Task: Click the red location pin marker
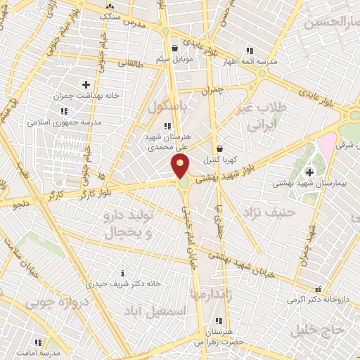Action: click(x=181, y=166)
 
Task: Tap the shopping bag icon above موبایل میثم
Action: click(x=174, y=49)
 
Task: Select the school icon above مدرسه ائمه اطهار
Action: click(x=250, y=51)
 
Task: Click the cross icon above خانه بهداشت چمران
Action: click(x=86, y=84)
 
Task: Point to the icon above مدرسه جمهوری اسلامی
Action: click(x=64, y=111)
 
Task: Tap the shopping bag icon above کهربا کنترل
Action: click(x=220, y=149)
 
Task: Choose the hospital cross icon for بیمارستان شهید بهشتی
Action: click(x=309, y=172)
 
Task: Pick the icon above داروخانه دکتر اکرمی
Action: click(x=318, y=288)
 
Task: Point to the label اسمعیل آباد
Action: click(x=162, y=310)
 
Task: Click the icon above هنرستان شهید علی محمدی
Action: click(x=167, y=126)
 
